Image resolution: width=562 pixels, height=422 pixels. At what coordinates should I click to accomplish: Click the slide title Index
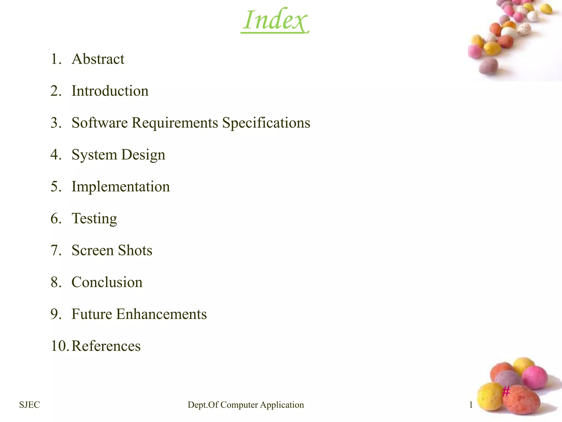coord(275,20)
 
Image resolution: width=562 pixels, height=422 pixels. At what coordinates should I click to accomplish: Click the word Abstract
coord(98,59)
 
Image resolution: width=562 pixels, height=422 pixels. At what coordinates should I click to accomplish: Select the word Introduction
coord(110,91)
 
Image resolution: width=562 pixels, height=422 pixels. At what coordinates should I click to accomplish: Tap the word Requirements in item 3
coord(175,123)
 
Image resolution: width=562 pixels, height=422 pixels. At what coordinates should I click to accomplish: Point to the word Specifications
coord(266,123)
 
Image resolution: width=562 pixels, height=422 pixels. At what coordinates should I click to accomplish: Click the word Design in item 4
coord(143,155)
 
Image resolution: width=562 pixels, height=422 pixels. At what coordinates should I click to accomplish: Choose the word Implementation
coord(121,187)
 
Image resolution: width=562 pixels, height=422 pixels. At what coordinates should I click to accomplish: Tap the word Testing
coord(94,219)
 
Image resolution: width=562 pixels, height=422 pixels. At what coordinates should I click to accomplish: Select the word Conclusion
coord(107,282)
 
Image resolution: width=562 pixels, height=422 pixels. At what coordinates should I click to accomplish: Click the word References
coord(106,346)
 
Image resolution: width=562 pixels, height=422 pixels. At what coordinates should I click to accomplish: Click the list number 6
coord(56,219)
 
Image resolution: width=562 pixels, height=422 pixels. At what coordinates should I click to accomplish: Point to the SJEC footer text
coord(30,405)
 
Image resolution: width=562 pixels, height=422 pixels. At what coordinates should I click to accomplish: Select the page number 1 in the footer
coord(471,405)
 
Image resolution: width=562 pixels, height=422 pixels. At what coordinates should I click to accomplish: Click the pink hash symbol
coord(506,391)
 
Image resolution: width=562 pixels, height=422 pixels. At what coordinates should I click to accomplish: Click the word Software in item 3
coord(100,123)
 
